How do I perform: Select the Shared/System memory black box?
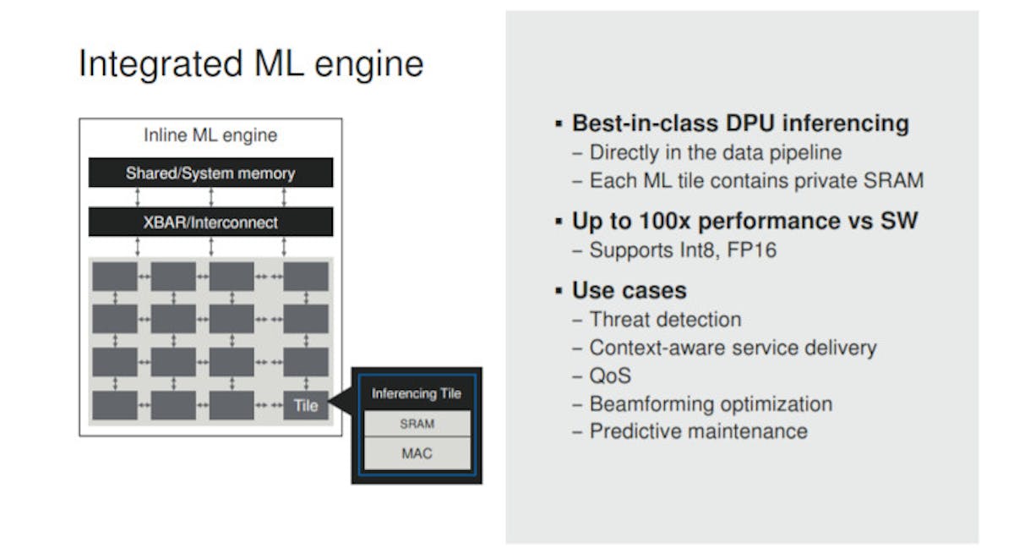[210, 173]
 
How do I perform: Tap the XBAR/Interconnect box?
[210, 222]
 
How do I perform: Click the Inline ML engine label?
[210, 135]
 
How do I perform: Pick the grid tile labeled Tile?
[305, 405]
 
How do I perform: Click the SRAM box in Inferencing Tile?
[417, 424]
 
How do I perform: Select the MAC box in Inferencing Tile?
[417, 453]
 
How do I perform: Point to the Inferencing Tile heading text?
[417, 393]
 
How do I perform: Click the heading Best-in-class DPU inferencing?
[739, 123]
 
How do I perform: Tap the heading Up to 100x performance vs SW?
[744, 222]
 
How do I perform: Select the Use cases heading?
[629, 291]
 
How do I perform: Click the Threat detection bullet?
[665, 320]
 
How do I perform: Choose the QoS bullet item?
[610, 376]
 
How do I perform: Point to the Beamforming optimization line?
[710, 403]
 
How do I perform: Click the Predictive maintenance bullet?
[698, 431]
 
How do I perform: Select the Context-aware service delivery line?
[733, 348]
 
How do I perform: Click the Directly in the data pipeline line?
[715, 152]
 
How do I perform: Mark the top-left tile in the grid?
[115, 276]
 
